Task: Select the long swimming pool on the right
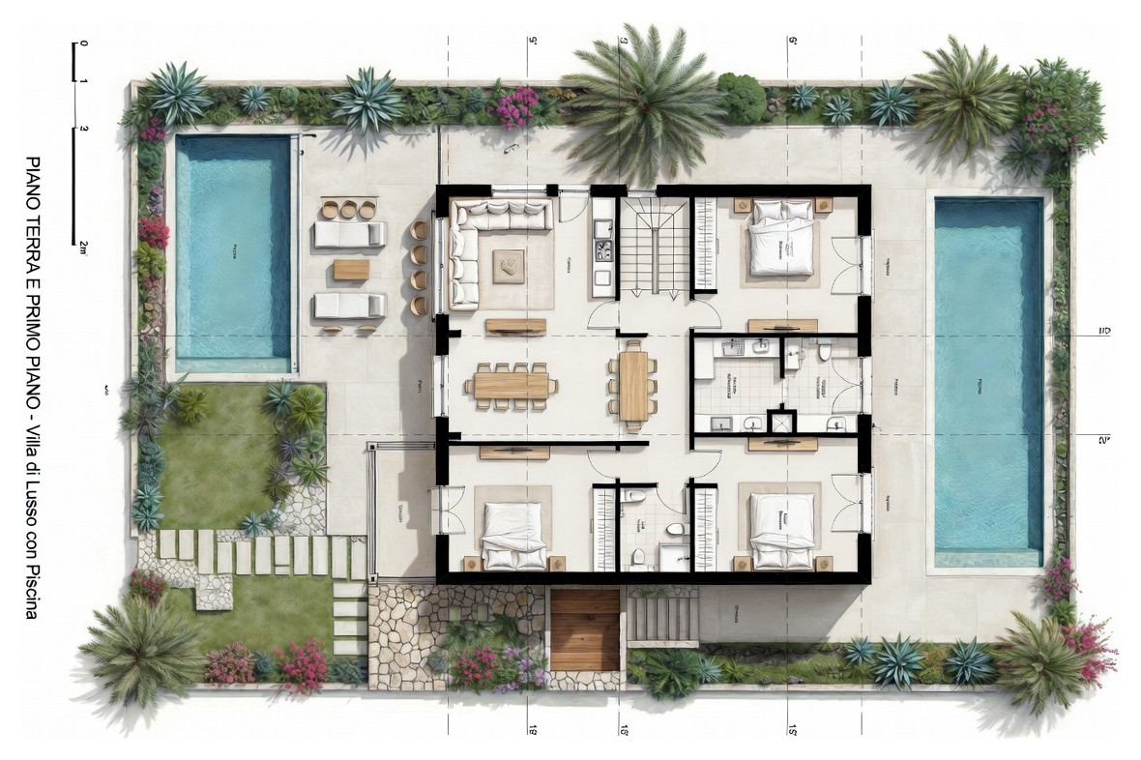988,382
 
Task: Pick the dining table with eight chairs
511,385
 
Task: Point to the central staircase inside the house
654,246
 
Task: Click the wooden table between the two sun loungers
351,270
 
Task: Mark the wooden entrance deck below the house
584,628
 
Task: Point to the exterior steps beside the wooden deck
662,617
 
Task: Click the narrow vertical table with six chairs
634,385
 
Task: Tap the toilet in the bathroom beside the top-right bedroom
824,353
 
